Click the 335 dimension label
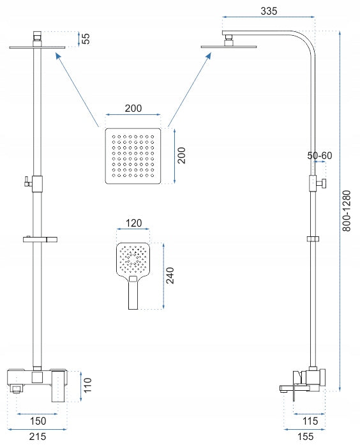point(269,11)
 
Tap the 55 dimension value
point(86,38)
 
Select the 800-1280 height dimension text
point(346,211)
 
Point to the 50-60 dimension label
point(320,155)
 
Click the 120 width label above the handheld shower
point(133,223)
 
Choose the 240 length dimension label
point(170,275)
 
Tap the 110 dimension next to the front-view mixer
point(87,385)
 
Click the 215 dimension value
point(37,436)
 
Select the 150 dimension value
point(38,421)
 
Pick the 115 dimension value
point(310,421)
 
